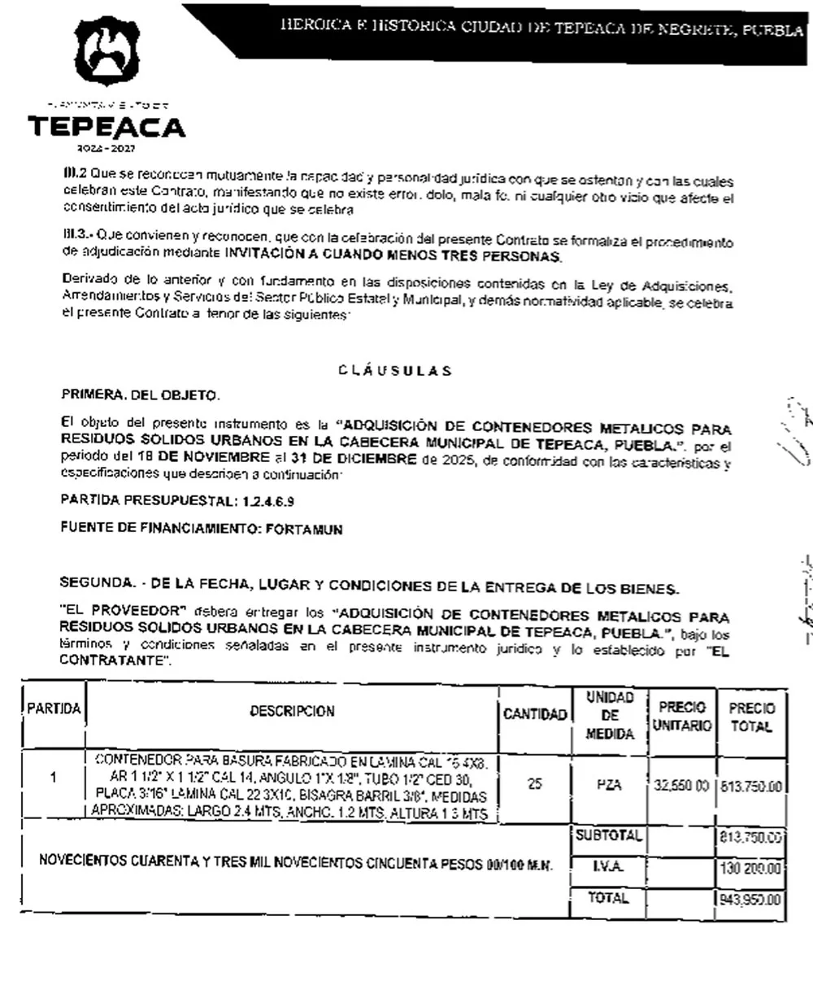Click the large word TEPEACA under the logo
coord(107,128)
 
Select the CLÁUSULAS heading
coord(395,371)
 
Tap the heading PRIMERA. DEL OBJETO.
coord(140,396)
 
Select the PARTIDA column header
coord(54,709)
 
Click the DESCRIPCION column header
coord(292,711)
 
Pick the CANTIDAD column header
coord(534,714)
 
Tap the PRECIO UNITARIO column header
coord(681,716)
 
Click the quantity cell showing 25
coord(534,784)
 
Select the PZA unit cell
coord(609,785)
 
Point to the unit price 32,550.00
coord(682,786)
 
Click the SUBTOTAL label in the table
coord(609,835)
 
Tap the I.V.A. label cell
coord(609,867)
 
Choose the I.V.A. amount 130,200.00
coord(750,869)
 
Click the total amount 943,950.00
coord(750,900)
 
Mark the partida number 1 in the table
coord(54,778)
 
